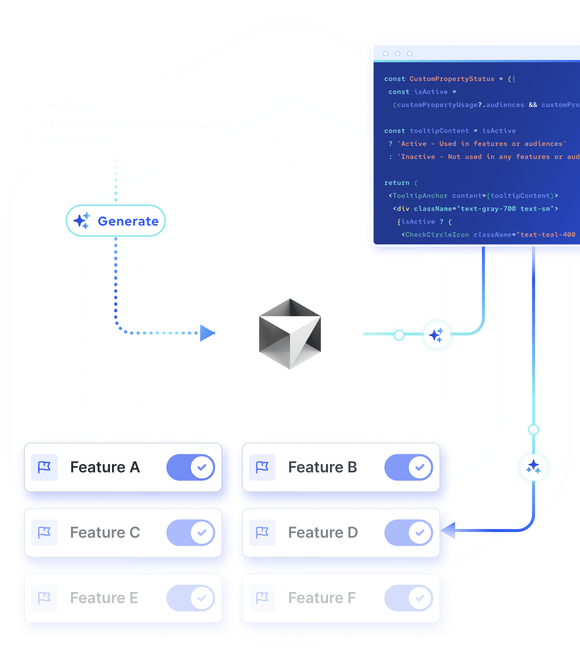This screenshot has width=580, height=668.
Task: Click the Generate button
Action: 116,221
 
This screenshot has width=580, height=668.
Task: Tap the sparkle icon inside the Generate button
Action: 82,220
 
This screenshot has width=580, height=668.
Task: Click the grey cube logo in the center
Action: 290,334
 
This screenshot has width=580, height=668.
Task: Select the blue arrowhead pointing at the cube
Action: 207,333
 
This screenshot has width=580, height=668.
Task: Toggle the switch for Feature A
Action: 190,468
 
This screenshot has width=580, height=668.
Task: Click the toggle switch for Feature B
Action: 408,468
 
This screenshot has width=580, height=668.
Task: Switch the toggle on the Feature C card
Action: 190,533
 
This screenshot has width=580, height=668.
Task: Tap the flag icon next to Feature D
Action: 262,533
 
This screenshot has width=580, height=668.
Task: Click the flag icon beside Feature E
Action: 44,598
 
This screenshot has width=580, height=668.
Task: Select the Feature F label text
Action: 322,598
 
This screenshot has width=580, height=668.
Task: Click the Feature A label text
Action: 105,467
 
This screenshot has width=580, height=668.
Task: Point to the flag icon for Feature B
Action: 262,467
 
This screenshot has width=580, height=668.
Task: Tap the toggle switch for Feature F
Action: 408,598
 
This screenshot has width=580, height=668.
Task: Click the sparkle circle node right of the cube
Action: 436,335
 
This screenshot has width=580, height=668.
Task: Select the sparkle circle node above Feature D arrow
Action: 533,467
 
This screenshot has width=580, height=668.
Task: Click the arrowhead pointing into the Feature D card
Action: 448,530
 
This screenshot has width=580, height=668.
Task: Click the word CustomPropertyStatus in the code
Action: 452,79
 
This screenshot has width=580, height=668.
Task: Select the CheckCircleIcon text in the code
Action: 437,235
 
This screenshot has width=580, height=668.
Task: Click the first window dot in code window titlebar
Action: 385,53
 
